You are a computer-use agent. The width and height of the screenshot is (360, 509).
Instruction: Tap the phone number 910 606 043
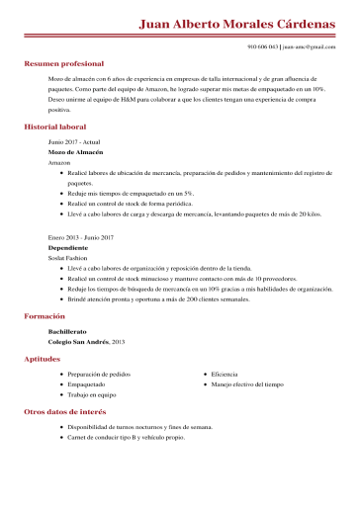(x=262, y=46)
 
